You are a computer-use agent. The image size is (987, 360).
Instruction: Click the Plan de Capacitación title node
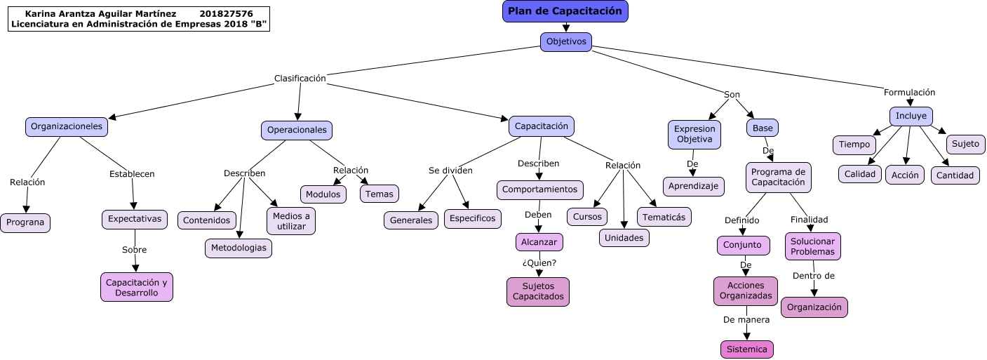pos(565,11)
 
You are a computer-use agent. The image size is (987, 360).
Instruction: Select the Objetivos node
pos(565,42)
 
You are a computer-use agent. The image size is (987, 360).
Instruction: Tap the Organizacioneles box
pos(67,127)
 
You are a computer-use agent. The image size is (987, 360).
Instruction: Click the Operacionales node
pos(297,131)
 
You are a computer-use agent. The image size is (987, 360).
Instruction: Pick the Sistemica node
pos(746,349)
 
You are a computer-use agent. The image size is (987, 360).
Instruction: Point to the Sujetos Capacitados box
pos(538,292)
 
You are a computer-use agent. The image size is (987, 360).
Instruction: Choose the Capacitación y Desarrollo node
pos(136,287)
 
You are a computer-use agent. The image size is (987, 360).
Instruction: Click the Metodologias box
pos(239,248)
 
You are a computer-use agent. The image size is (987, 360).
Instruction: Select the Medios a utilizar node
pos(291,221)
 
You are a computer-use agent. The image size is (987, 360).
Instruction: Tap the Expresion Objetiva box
pos(694,134)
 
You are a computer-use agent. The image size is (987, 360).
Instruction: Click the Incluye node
pos(911,116)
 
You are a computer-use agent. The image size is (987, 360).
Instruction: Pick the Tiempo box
pos(854,145)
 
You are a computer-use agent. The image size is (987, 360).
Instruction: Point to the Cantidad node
pos(955,175)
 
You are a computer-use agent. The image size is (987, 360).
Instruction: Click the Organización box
pos(814,307)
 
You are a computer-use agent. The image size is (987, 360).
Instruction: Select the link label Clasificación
pos(300,79)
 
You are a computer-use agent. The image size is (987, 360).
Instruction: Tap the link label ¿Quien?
pos(539,263)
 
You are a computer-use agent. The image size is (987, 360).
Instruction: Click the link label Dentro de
pos(813,276)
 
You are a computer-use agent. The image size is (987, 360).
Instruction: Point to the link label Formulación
pos(909,93)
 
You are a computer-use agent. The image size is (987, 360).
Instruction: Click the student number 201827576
pos(226,14)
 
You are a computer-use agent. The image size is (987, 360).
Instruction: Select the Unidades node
pos(624,238)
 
